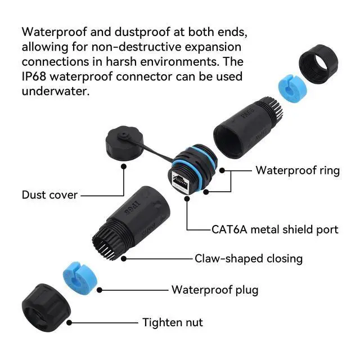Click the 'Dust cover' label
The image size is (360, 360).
pos(49,195)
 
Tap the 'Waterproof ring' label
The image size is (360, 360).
pos(298,170)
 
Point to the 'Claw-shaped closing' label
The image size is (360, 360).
pos(249,259)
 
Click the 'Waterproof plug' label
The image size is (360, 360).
pos(215,290)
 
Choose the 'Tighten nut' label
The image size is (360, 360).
pos(173,322)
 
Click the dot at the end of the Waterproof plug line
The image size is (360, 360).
pos(100,290)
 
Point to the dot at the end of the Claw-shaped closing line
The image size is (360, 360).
pos(124,259)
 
